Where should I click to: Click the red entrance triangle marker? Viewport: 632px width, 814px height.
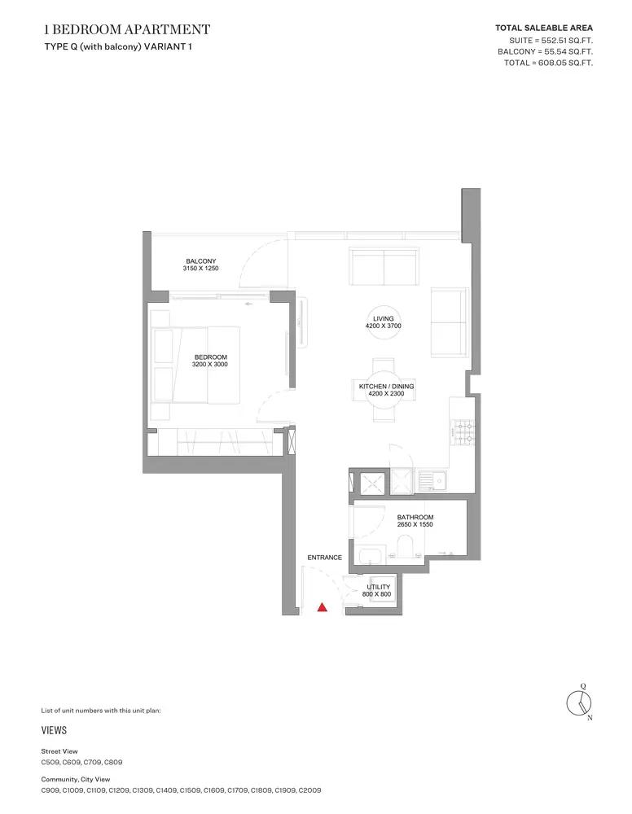click(x=322, y=606)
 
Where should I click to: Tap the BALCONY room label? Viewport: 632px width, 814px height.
click(x=200, y=265)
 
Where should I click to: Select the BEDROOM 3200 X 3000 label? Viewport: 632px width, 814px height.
click(x=210, y=361)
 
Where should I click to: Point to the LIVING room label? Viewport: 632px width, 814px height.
click(x=384, y=322)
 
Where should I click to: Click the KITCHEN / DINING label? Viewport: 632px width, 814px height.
click(x=386, y=390)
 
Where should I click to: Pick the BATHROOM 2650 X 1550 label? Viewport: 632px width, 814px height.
click(x=415, y=521)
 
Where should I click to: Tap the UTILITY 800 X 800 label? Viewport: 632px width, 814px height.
click(x=378, y=590)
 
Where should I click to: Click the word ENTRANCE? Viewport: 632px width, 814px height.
click(x=325, y=558)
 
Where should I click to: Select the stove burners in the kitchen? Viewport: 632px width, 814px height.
click(x=463, y=432)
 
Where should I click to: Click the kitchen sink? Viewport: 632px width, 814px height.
click(x=432, y=481)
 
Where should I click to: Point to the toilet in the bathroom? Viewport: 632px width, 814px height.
click(x=405, y=548)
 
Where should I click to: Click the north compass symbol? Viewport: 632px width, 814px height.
click(x=579, y=703)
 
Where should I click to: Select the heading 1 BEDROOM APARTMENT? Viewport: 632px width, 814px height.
click(x=127, y=29)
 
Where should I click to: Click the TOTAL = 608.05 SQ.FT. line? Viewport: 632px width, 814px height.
click(x=548, y=63)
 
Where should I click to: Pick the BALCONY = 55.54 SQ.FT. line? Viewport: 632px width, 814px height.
click(x=545, y=51)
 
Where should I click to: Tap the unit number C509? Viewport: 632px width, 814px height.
click(x=50, y=762)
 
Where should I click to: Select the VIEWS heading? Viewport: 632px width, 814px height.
click(x=54, y=730)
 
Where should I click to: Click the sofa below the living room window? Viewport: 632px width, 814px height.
click(x=384, y=267)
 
